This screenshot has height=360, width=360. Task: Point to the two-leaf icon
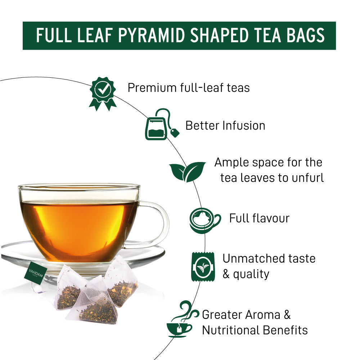tap(187, 171)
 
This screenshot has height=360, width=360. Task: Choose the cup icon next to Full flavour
tap(204, 219)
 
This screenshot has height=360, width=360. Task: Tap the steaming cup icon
tap(182, 319)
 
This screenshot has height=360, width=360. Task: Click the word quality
tap(251, 274)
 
